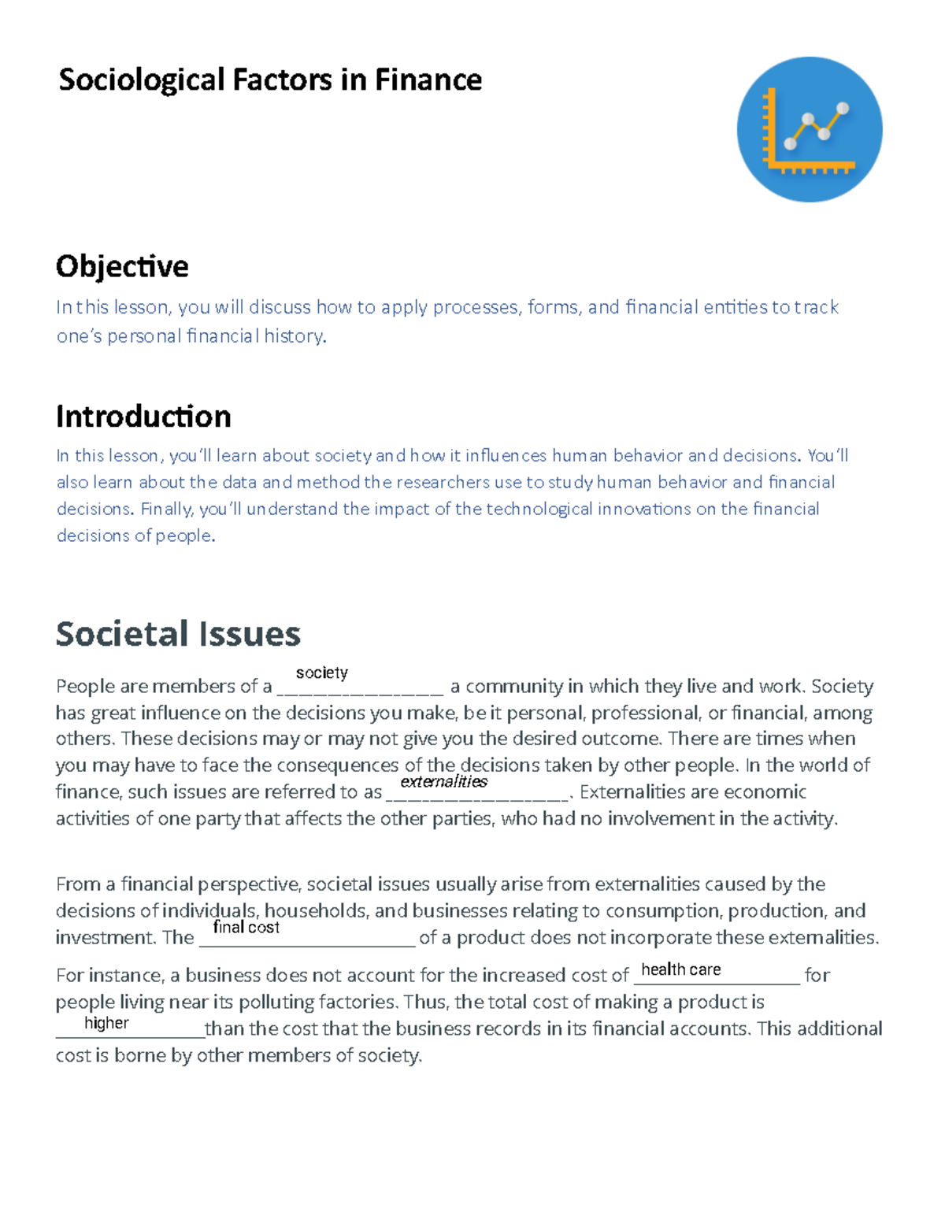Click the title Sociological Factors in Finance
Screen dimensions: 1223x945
[x=270, y=80]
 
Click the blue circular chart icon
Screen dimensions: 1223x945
[x=809, y=129]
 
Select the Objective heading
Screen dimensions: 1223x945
[x=122, y=266]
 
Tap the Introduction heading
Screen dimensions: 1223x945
[x=143, y=416]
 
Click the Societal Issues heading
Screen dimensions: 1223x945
[x=178, y=633]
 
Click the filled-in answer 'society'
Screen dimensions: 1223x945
[x=321, y=673]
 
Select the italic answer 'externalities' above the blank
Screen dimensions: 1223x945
[x=443, y=781]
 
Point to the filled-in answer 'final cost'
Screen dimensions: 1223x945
[x=246, y=927]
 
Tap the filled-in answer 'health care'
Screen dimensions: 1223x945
[x=680, y=969]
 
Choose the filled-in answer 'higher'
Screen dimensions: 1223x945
[x=106, y=1022]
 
